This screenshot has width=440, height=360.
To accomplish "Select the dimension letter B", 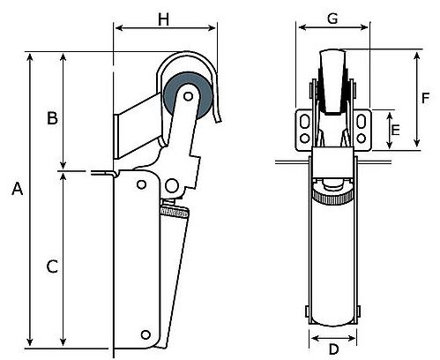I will [52, 117].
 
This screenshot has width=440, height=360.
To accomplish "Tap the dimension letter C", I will [52, 266].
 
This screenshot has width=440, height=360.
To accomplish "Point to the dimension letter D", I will [333, 349].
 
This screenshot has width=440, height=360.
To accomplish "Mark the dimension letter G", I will [332, 17].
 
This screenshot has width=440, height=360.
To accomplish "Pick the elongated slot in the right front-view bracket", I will [363, 121].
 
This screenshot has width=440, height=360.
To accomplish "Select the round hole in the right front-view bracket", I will [363, 139].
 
